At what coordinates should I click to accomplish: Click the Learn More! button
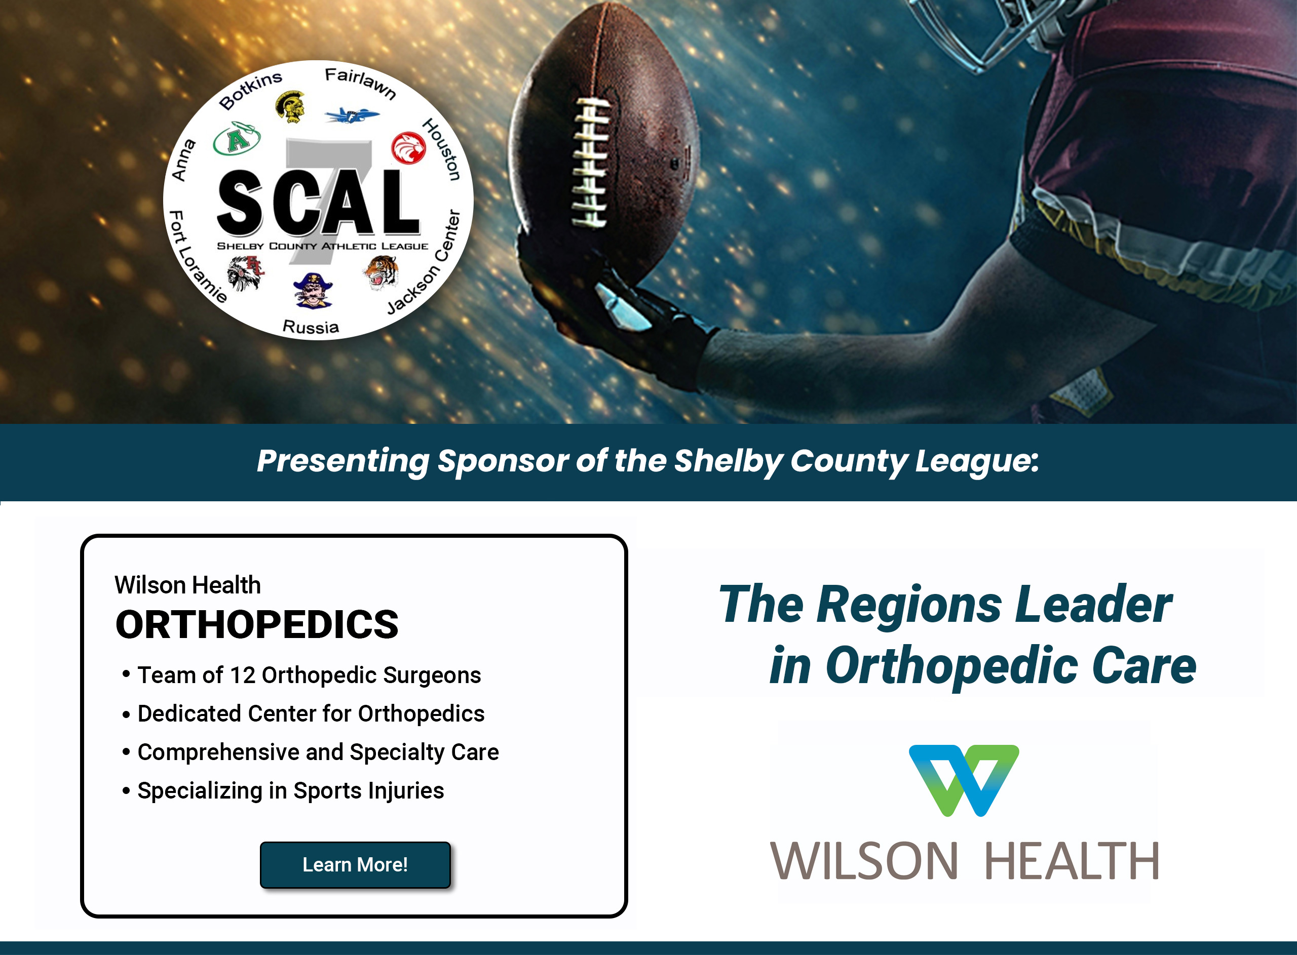[355, 864]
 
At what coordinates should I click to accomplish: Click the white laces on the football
[590, 162]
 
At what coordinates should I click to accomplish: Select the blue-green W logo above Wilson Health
[964, 780]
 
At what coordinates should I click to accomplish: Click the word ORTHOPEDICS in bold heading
[257, 624]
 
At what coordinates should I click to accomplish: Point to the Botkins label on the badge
[250, 90]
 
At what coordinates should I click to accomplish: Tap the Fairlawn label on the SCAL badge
[360, 83]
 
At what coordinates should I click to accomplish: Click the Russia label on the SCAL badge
[311, 327]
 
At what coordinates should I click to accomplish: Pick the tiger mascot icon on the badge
[382, 272]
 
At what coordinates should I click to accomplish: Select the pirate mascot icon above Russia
[313, 291]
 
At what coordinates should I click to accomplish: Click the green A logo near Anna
[237, 139]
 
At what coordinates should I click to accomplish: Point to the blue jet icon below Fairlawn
[352, 115]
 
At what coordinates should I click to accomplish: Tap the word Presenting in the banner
[343, 462]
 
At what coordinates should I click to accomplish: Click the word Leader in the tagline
[1093, 604]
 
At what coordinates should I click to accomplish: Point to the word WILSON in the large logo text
[864, 861]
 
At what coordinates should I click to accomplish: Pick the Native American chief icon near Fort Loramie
[246, 272]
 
